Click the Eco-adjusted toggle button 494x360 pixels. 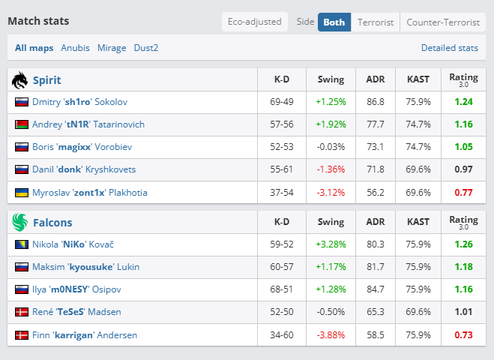click(x=255, y=22)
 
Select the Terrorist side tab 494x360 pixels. click(x=376, y=22)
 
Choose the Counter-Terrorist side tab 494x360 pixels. click(x=443, y=22)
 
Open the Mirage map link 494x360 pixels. click(x=112, y=48)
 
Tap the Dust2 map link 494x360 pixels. click(x=146, y=48)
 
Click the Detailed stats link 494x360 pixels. click(x=450, y=48)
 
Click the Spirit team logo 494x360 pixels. click(x=19, y=80)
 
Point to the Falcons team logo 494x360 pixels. click(x=19, y=222)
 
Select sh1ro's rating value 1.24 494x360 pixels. click(x=463, y=102)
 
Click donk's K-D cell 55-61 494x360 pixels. click(x=281, y=169)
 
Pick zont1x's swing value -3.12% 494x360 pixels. click(x=331, y=192)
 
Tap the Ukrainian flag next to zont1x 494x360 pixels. click(x=22, y=192)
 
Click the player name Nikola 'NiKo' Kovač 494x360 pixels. click(x=73, y=244)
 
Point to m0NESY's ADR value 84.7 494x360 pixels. click(x=376, y=289)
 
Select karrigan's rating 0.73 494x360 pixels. click(x=463, y=334)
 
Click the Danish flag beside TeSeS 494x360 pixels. click(x=22, y=312)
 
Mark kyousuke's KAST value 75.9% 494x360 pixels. click(x=418, y=267)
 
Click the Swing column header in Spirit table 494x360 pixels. click(x=331, y=79)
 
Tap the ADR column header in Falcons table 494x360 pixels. click(x=376, y=222)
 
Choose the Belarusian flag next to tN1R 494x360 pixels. click(x=22, y=124)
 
